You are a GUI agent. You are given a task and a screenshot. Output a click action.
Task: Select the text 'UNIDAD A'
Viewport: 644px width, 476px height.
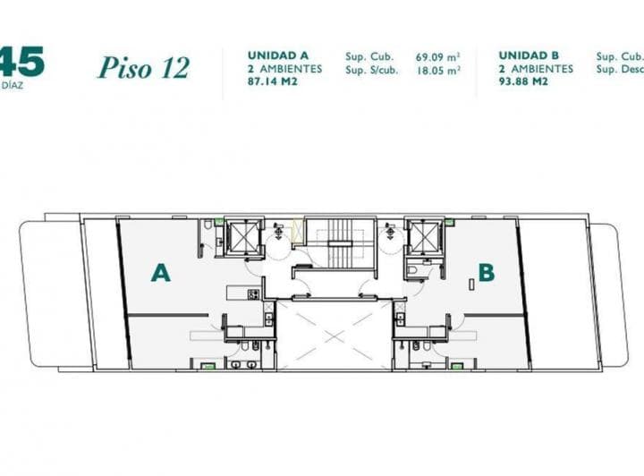[274, 55]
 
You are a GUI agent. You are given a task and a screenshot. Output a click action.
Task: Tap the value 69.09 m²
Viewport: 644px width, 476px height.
[437, 55]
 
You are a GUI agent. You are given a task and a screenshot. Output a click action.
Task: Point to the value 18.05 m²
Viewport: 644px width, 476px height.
[437, 69]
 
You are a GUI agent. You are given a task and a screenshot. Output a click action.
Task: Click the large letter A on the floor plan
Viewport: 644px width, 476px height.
[160, 273]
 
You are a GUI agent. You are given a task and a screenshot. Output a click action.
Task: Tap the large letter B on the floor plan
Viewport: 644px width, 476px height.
[486, 273]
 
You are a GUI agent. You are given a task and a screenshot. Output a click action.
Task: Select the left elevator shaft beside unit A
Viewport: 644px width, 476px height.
[242, 236]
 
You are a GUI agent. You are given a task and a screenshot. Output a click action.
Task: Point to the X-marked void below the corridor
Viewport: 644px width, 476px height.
[334, 335]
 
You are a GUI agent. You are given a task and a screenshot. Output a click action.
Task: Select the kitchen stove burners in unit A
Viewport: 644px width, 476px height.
[253, 293]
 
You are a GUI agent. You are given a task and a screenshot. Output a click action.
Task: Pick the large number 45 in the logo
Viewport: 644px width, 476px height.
[21, 63]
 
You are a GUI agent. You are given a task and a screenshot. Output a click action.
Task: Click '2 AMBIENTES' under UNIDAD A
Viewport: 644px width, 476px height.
[284, 68]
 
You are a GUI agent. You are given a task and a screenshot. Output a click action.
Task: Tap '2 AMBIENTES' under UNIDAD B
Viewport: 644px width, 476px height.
[536, 68]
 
